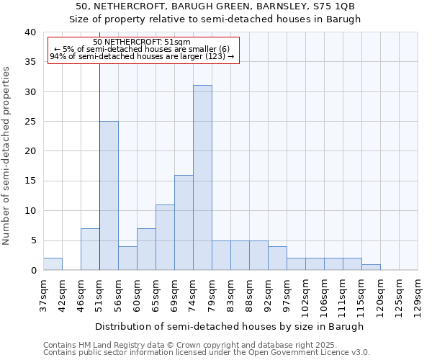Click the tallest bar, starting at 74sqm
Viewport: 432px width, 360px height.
[202, 178]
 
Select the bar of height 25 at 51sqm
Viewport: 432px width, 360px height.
[109, 196]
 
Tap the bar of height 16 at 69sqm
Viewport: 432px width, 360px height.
[184, 222]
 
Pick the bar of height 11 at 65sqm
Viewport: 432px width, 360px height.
[165, 238]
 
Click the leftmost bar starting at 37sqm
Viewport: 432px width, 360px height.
[53, 264]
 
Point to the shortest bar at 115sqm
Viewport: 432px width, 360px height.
[371, 267]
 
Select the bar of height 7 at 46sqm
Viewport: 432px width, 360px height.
[90, 249]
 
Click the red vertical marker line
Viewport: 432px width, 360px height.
[99, 144]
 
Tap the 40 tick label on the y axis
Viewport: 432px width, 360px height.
[30, 32]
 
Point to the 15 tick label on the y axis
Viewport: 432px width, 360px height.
[30, 181]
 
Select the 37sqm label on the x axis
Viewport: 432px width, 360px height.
[43, 295]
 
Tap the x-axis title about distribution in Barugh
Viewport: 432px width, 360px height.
[229, 326]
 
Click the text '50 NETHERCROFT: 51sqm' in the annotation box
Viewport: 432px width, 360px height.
[142, 42]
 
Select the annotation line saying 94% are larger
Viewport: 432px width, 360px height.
[142, 56]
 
